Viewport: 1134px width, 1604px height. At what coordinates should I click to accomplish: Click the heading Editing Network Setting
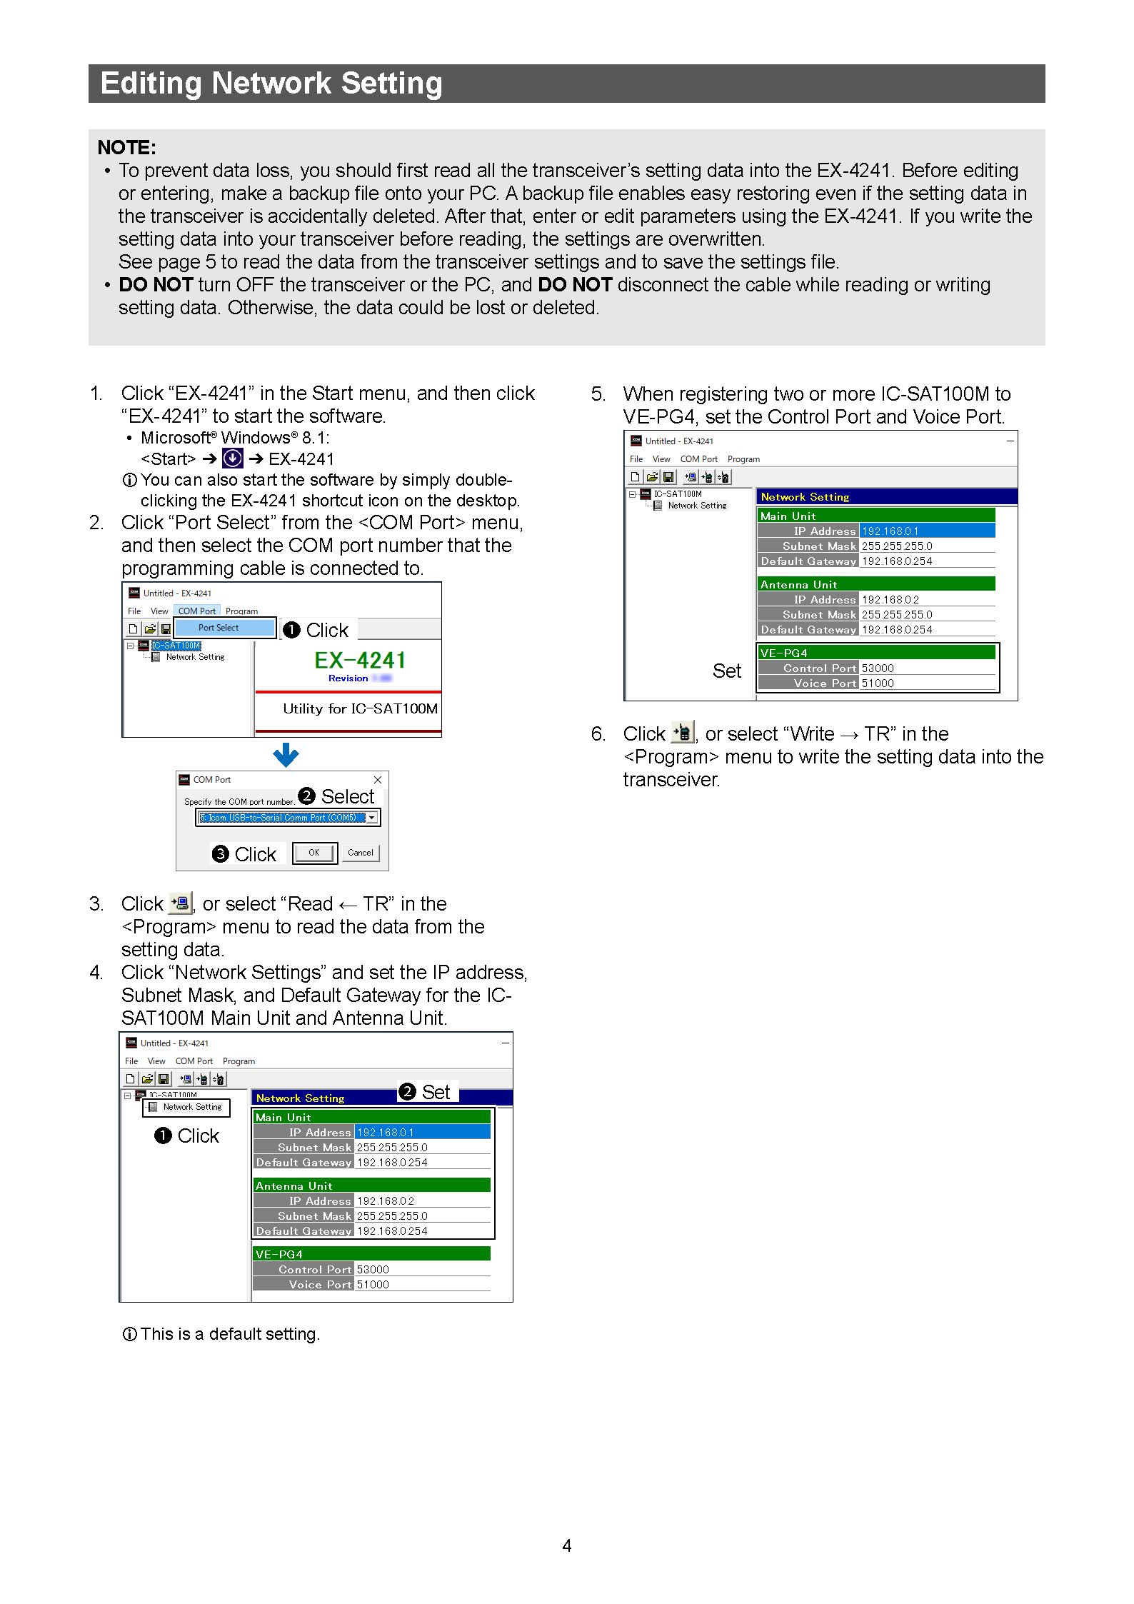(x=271, y=84)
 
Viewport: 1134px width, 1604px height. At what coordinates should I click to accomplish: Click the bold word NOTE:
(x=126, y=147)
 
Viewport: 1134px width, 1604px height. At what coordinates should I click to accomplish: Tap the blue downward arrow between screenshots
(x=286, y=754)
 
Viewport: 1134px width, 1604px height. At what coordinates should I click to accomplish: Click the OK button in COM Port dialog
(x=314, y=853)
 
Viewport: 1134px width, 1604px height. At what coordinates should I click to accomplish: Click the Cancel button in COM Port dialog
(x=360, y=853)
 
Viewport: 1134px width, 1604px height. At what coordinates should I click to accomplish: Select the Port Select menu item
(x=219, y=628)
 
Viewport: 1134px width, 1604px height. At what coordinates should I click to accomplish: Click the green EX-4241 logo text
(x=360, y=660)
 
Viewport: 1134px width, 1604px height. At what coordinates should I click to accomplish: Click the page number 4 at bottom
(x=566, y=1545)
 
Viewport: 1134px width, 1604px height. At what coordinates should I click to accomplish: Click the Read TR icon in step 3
(x=181, y=903)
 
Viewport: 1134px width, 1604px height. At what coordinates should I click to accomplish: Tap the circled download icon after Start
(x=233, y=458)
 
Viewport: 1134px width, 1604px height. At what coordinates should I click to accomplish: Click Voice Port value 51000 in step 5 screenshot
(x=878, y=683)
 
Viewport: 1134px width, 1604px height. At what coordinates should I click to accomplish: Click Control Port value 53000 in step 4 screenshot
(x=373, y=1269)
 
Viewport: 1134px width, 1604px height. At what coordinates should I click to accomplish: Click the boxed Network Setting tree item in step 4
(x=187, y=1107)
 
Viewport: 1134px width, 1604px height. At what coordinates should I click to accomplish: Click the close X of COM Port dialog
(x=378, y=779)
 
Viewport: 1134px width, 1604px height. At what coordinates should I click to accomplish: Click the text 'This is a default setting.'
(x=229, y=1334)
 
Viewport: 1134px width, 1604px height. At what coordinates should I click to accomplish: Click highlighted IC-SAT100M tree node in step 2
(x=176, y=646)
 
